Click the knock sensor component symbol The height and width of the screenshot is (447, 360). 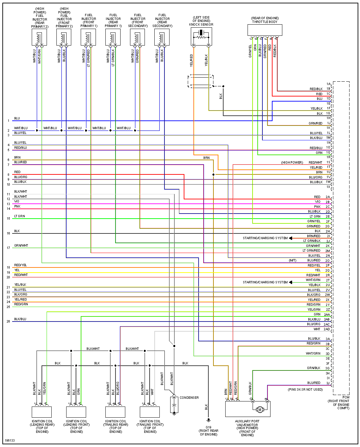coord(201,36)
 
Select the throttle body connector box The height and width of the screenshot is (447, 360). coord(264,30)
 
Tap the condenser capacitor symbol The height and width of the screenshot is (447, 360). coord(174,404)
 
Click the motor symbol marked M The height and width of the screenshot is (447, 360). coord(260,410)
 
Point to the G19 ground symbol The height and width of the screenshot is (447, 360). coord(209,420)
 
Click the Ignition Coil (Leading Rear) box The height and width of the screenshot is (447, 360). coord(42,412)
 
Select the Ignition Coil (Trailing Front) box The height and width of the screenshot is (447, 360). coord(150,412)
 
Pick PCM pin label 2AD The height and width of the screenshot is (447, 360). coord(327,329)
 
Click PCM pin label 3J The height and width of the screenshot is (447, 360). coord(328,383)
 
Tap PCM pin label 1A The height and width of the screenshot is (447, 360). coord(328,84)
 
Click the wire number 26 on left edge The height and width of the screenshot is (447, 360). coord(8,322)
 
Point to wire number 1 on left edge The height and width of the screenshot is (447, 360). coord(8,121)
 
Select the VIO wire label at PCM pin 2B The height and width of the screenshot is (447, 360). coord(317,202)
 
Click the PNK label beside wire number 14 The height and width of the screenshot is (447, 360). coord(17,206)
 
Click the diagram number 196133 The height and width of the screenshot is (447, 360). coord(10,441)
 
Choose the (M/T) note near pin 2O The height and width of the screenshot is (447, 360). coord(292,260)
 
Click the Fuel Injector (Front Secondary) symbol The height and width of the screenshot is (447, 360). coord(137,37)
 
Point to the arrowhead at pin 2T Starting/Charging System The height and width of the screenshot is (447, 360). coord(290,282)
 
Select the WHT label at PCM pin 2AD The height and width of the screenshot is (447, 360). coord(317,329)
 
